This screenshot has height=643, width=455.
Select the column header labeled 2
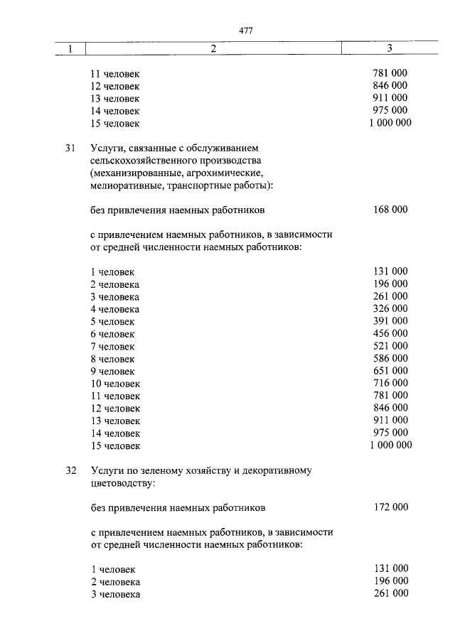213,49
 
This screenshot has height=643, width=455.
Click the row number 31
70,148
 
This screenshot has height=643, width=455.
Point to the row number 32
70,470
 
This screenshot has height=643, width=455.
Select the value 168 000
390,210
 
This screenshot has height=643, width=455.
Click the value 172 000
390,507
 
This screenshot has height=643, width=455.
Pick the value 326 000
390,308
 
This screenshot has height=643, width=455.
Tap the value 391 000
390,321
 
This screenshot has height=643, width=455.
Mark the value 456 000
390,333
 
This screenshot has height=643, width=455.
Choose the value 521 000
390,346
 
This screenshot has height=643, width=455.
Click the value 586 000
390,358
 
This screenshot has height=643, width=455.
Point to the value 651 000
390,370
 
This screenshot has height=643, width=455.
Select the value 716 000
390,383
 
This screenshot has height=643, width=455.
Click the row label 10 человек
115,384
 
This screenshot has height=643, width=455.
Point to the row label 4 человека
114,309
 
